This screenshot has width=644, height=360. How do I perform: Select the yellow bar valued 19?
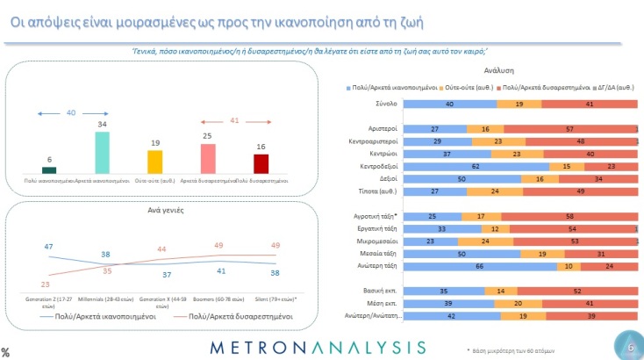154,162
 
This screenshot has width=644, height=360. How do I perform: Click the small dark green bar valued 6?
49,170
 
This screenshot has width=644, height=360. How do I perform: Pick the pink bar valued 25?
207,159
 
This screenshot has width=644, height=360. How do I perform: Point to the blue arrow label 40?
71,113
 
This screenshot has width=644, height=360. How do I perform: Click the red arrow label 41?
233,119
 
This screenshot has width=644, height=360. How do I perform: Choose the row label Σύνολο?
387,104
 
